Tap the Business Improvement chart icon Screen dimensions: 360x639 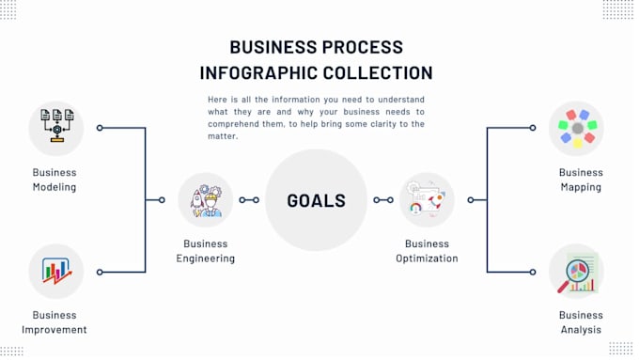[x=56, y=272]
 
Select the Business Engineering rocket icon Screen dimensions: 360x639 [x=205, y=200]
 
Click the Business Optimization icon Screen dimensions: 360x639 [x=427, y=200]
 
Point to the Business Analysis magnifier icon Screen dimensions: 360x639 [x=576, y=272]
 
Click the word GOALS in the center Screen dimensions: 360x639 [x=316, y=200]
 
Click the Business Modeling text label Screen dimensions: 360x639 [x=55, y=180]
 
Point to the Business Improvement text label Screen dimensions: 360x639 [x=55, y=322]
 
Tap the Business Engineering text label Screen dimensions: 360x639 [x=205, y=251]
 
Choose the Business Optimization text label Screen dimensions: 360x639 [x=427, y=251]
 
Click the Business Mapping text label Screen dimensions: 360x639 [x=581, y=180]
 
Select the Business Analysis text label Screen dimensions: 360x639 [x=581, y=322]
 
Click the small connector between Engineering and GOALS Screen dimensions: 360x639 [x=249, y=200]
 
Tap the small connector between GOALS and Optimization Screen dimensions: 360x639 [x=382, y=200]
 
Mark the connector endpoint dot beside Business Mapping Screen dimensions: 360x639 [x=532, y=128]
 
